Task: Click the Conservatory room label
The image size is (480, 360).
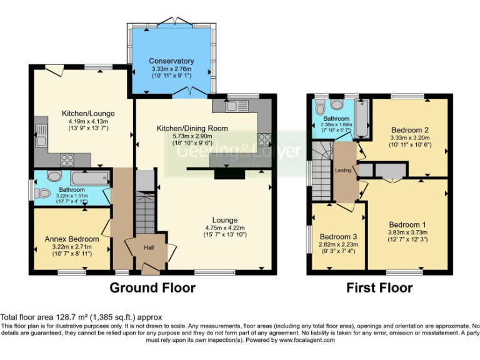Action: coord(171,61)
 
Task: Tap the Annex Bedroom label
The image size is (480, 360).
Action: coord(72,239)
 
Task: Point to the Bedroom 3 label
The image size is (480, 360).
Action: coord(339,236)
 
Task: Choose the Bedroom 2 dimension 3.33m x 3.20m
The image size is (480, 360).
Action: coord(409,137)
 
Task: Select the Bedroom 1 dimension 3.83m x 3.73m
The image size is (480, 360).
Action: coord(407,232)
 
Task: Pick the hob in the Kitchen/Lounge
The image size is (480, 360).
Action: coord(67,158)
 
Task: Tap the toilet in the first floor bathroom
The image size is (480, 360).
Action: coord(337,104)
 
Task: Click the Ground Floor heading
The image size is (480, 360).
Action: coord(152,288)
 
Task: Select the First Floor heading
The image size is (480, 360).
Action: coord(379,288)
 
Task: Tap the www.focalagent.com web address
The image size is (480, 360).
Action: coord(307,341)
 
